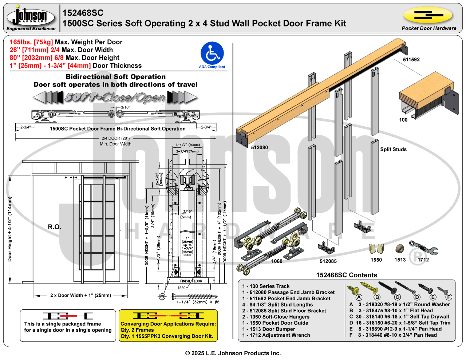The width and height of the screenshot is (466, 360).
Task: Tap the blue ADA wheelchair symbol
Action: point(212,54)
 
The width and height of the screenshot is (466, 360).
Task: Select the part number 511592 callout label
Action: point(411,60)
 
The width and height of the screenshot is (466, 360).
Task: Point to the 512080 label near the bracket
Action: point(259,147)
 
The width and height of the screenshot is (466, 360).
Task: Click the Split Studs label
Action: point(393,149)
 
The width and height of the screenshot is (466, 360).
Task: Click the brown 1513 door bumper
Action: point(400,249)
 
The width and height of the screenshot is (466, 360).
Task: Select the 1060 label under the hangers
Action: point(277,261)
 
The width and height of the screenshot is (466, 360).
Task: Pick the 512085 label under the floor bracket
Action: point(328,261)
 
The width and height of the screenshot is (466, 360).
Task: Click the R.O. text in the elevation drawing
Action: point(55,227)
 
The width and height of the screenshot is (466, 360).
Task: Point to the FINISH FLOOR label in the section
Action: point(191,281)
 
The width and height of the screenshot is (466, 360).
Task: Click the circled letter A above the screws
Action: point(359,297)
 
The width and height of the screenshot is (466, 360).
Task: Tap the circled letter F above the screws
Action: point(449,297)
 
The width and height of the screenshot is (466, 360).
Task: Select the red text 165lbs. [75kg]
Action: point(31,42)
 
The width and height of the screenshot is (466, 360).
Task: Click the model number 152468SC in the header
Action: point(83,13)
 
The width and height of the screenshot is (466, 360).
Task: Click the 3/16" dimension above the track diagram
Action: point(125,107)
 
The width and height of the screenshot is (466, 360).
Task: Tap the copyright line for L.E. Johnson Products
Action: point(233,353)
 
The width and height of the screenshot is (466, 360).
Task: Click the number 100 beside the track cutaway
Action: point(403,120)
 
